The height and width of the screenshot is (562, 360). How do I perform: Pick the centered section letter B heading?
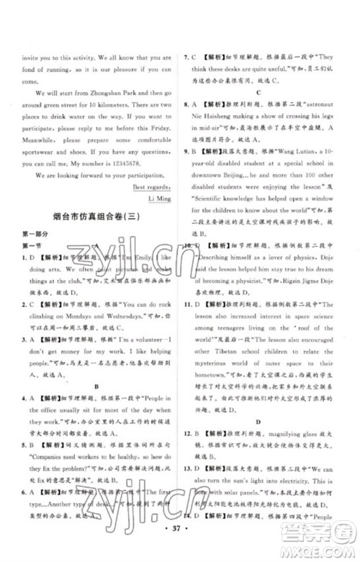click(x=96, y=386)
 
